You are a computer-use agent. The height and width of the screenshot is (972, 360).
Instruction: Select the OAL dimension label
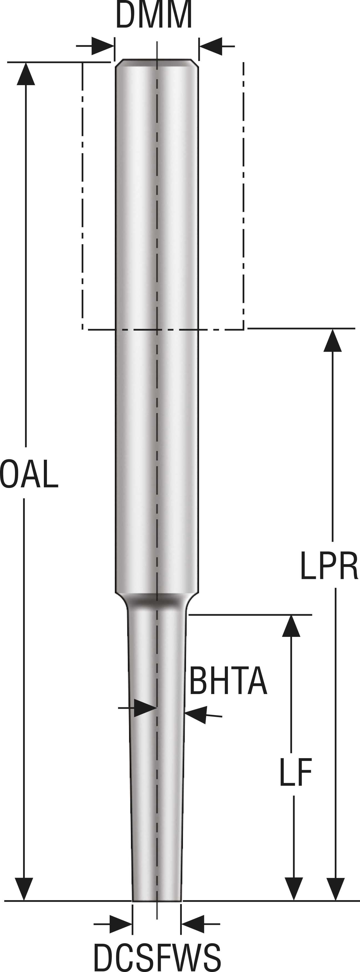[x=29, y=474]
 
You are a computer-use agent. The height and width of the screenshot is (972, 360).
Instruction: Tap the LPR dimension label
[x=329, y=566]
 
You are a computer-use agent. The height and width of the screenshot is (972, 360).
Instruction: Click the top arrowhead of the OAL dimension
[x=26, y=74]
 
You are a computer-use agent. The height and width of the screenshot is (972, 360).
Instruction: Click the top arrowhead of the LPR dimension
[x=333, y=341]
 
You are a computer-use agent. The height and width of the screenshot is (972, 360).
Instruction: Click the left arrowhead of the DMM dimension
[x=103, y=46]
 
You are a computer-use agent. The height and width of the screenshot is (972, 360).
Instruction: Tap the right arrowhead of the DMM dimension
[x=210, y=46]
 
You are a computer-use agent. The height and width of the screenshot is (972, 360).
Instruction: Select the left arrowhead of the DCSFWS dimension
[x=121, y=924]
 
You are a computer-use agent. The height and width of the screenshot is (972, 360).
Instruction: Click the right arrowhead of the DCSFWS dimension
[x=193, y=924]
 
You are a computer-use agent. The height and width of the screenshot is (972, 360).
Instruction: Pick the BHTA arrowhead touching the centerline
[x=145, y=708]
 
